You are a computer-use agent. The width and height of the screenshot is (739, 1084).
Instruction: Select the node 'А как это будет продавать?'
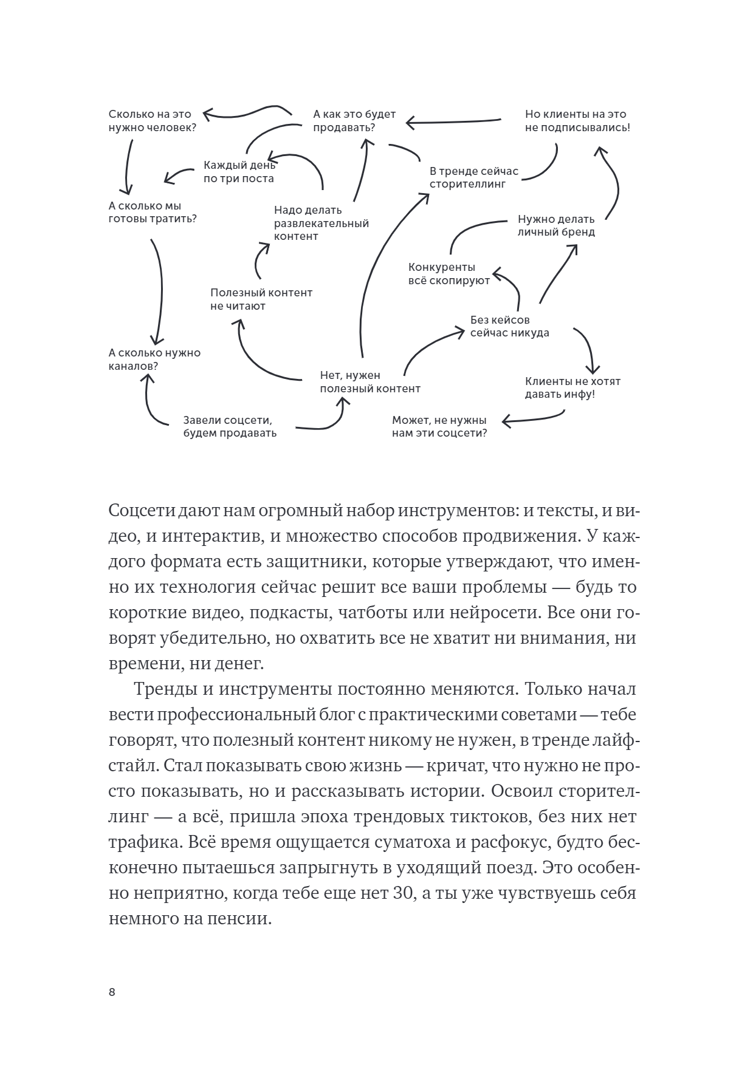[x=354, y=121]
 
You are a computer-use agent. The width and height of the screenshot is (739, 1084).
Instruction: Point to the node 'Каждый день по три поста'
[x=239, y=172]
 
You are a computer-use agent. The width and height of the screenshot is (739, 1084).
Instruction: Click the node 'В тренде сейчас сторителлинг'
[x=474, y=177]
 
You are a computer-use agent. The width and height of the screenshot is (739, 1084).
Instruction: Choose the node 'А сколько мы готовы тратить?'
[x=153, y=213]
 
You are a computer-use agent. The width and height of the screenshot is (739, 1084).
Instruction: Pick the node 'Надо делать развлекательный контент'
[x=321, y=223]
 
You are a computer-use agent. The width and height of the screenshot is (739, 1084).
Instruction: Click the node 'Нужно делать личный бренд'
[x=555, y=225]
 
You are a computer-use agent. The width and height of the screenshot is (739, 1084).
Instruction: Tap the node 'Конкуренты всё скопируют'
[x=449, y=274]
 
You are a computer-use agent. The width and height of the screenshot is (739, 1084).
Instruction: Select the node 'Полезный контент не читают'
[x=261, y=299]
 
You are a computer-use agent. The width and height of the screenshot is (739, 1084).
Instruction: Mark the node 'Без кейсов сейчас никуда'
[x=509, y=326]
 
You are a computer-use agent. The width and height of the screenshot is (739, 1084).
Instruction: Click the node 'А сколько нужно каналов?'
[x=154, y=360]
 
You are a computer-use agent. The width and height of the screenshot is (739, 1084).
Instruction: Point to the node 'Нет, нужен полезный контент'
[x=369, y=382]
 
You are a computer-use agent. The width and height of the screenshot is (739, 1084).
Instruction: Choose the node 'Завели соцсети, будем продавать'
[x=230, y=426]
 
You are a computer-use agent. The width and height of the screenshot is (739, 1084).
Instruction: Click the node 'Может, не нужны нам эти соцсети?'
[x=439, y=427]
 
